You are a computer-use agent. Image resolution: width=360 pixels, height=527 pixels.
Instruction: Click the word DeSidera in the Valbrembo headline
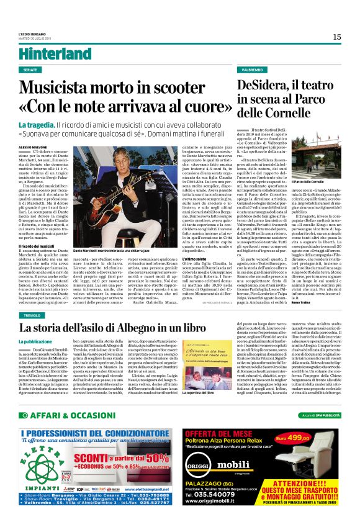tap(268, 86)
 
